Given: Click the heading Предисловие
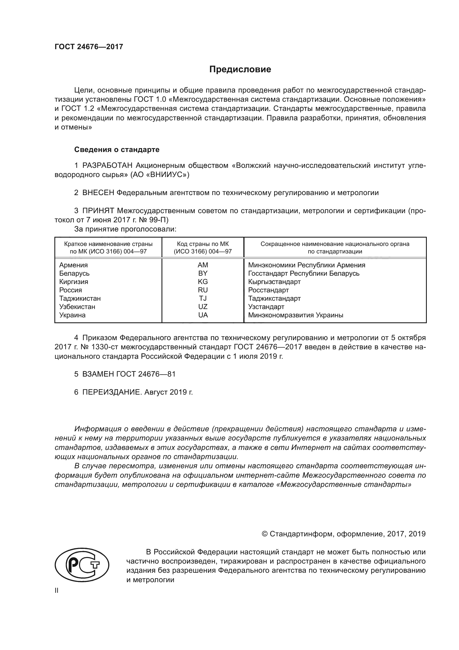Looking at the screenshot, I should pyautogui.click(x=240, y=69).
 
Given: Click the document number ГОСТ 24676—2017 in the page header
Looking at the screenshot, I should pyautogui.click(x=89, y=47).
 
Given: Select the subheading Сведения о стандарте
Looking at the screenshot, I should pyautogui.click(x=117, y=150).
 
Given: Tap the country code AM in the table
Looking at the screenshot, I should pyautogui.click(x=203, y=265).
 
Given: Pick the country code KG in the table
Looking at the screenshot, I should pyautogui.click(x=203, y=282).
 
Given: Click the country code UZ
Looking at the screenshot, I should pyautogui.click(x=203, y=307).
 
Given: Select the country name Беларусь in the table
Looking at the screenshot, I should pyautogui.click(x=74, y=273).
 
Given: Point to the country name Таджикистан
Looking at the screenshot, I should pyautogui.click(x=80, y=298).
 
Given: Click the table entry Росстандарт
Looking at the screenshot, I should pyautogui.click(x=269, y=290).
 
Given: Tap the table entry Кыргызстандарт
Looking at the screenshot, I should pyautogui.click(x=274, y=282).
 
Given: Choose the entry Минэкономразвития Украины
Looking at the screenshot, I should pyautogui.click(x=296, y=315).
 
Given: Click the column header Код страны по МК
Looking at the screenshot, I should pyautogui.click(x=203, y=244).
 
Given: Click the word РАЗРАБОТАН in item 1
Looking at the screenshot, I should pyautogui.click(x=107, y=166).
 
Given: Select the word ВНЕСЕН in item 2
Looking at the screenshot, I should pyautogui.click(x=98, y=193).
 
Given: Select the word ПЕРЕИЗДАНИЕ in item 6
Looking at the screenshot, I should pyautogui.click(x=112, y=392).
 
